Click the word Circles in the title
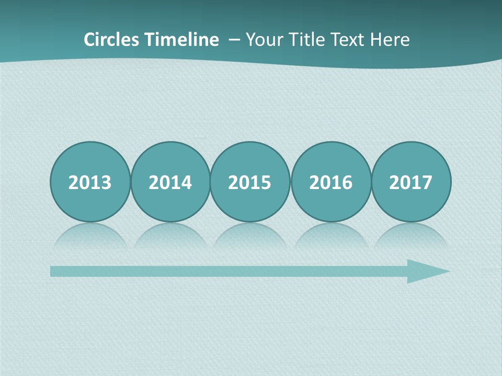(111, 40)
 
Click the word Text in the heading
(350, 40)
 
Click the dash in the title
(234, 40)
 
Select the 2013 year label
(90, 182)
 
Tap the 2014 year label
(170, 182)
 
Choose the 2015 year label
(250, 182)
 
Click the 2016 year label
(330, 182)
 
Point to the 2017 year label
(410, 182)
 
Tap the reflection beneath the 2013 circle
(90, 236)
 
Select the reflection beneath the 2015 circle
(250, 236)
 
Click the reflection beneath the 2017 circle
(410, 236)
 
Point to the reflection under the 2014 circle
(170, 236)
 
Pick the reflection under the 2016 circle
(330, 236)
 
